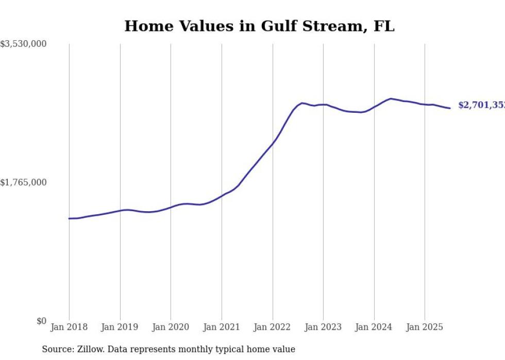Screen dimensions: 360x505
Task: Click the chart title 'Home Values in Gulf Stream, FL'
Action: coord(259,26)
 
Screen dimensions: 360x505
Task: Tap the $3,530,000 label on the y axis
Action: coord(23,44)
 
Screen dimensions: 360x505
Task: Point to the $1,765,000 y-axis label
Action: coord(23,182)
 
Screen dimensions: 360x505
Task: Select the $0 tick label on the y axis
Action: coord(41,321)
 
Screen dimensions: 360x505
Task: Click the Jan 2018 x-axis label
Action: coord(69,327)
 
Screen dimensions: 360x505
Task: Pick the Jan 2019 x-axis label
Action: coord(120,327)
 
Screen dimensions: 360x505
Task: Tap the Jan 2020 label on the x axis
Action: coord(171,327)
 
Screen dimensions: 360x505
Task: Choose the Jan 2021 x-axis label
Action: coord(222,327)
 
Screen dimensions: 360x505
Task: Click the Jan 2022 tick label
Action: coord(273,327)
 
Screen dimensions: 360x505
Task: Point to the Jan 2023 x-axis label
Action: coord(323,327)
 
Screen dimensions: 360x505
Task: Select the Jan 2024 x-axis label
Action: coord(374,327)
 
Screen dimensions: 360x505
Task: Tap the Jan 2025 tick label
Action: coord(425,327)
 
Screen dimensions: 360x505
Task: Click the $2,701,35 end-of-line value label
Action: coord(481,106)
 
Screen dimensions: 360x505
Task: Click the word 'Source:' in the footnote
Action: coord(56,350)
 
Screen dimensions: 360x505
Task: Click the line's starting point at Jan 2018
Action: coord(69,218)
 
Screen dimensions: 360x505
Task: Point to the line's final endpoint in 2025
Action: coord(450,108)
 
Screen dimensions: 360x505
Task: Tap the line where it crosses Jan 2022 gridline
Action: coord(273,144)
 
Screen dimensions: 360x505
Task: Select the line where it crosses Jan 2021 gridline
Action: coord(222,196)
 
